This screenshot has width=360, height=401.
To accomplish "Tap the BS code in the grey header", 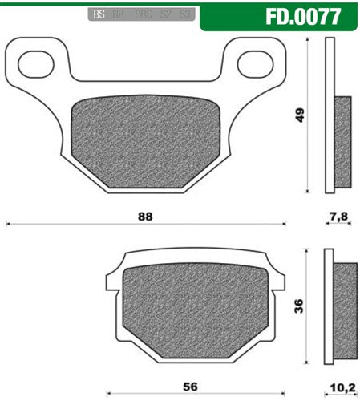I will pyautogui.click(x=99, y=14).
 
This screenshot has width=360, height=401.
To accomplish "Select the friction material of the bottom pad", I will pyautogui.click(x=192, y=305).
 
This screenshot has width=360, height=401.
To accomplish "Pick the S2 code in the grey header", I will pyautogui.click(x=166, y=14).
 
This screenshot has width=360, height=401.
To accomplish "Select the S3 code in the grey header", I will pyautogui.click(x=185, y=14).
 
